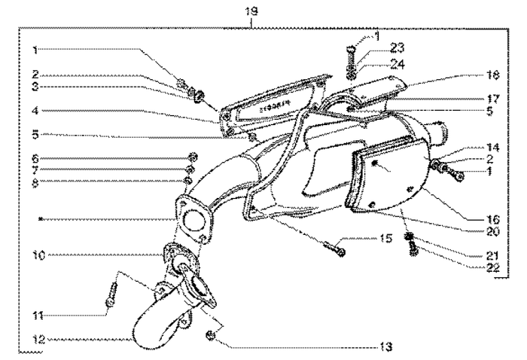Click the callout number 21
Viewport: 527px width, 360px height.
coord(472,255)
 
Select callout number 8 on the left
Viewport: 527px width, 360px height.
coord(35,181)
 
